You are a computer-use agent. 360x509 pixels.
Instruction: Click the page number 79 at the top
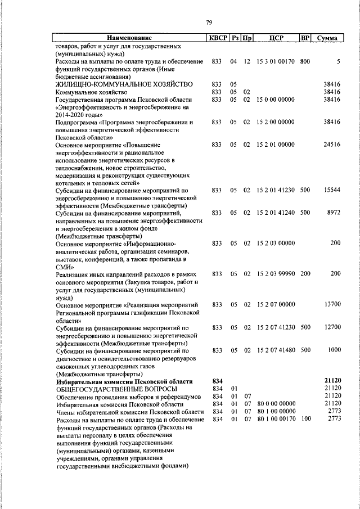coord(209,22)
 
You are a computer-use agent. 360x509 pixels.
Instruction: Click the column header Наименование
coord(129,38)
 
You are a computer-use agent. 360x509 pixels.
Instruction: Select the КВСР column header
coord(218,38)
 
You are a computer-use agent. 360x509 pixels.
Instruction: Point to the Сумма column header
coord(327,38)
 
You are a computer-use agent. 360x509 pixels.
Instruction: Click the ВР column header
coord(305,38)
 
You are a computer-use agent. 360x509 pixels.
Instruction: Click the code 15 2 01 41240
coord(275,213)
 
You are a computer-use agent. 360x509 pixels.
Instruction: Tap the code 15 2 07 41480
coord(275,350)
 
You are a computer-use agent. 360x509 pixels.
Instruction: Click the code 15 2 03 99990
coord(275,274)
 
